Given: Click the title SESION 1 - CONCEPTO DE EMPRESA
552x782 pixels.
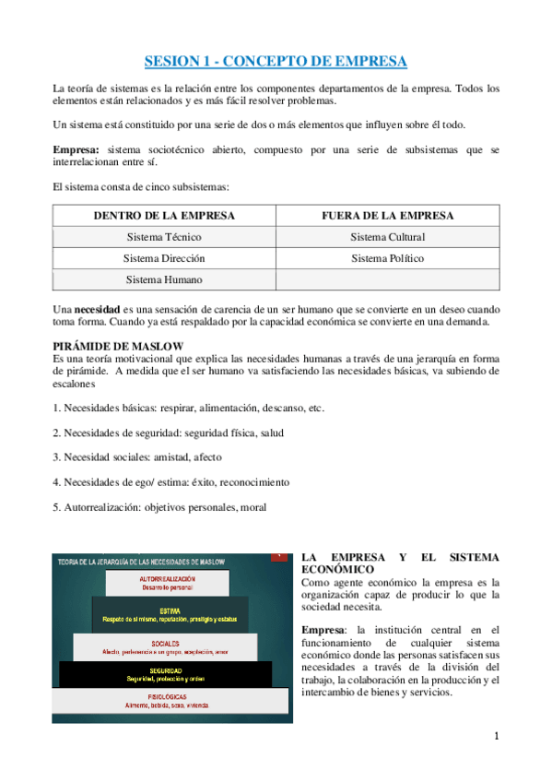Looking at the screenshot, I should point(276,63).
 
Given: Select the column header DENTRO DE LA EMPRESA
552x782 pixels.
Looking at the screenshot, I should point(164,216).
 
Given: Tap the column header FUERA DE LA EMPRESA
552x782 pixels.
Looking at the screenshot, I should point(388,216).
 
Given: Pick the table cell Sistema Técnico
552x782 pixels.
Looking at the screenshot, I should point(164,237).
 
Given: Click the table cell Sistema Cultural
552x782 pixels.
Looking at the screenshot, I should point(388,237).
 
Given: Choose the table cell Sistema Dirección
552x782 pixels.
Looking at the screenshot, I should point(164,258).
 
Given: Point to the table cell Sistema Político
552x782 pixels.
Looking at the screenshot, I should point(388,258).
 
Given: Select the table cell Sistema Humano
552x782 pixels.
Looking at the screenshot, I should point(164,279).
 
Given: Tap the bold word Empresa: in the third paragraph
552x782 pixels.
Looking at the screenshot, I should point(77,149).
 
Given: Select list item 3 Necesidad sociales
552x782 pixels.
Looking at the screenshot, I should point(136,456).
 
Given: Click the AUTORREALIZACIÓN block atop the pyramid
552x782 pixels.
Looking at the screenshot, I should point(168,581).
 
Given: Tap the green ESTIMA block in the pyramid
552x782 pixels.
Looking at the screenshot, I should point(169,613).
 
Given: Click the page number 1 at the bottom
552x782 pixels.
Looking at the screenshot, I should point(496,736).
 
